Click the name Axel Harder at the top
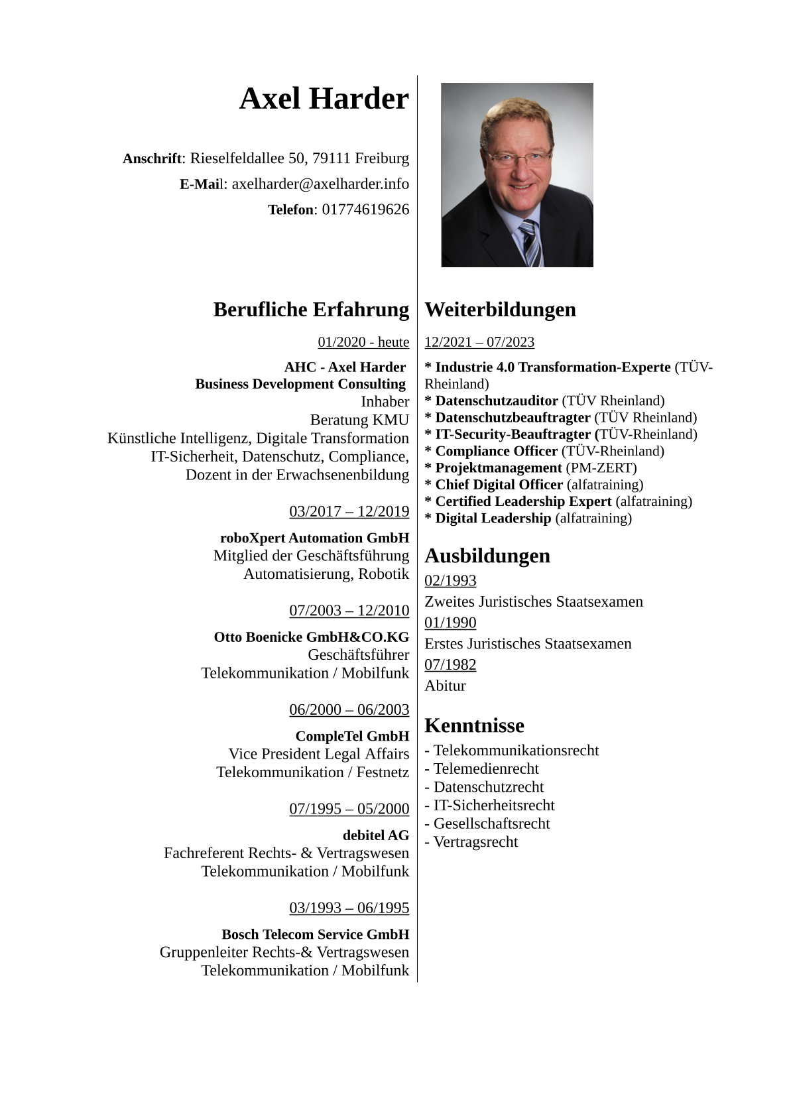point(324,99)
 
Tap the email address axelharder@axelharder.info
point(320,184)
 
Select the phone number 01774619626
point(365,210)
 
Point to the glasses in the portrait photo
point(519,158)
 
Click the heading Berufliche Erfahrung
point(311,309)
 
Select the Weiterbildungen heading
point(500,309)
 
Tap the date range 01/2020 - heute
point(363,342)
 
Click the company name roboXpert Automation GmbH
point(314,538)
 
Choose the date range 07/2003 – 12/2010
point(349,610)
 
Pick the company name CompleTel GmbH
point(352,736)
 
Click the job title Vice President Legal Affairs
point(318,754)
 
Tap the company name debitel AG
point(375,835)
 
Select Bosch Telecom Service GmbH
point(315,934)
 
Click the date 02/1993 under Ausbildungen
point(450,580)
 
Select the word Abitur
point(445,686)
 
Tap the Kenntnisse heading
point(474,725)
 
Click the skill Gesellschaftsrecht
point(491,824)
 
